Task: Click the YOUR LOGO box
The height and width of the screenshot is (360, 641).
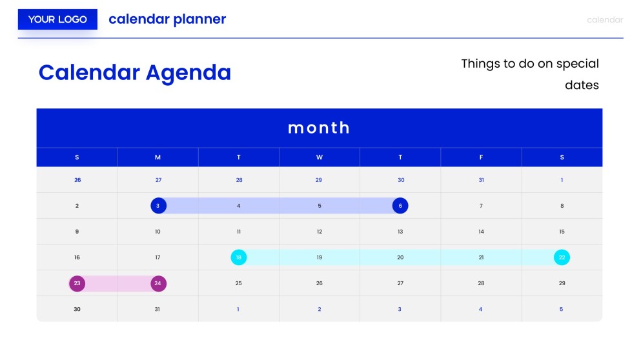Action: (57, 19)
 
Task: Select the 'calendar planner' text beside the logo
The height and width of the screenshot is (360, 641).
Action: (167, 19)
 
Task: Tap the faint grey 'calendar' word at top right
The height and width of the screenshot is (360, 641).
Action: (605, 20)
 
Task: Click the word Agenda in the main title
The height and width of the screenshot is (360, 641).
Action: (188, 72)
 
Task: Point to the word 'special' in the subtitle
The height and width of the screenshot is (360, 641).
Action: (577, 64)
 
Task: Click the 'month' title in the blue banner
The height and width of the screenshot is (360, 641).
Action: (319, 128)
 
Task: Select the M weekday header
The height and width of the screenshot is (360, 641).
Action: (158, 157)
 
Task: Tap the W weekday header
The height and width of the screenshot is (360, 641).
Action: (320, 157)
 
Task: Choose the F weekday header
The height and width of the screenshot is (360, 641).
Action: (481, 157)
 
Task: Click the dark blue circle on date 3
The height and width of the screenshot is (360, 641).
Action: (158, 206)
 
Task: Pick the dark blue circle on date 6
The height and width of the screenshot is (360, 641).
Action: (400, 206)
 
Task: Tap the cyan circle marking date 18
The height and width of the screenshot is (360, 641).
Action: (239, 257)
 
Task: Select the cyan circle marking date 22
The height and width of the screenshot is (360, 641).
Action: (562, 257)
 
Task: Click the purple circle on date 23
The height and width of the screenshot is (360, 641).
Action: (77, 283)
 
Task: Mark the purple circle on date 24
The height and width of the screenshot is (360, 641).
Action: (158, 283)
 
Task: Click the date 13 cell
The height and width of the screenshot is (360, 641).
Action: (400, 232)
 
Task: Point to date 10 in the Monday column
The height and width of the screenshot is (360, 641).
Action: (158, 232)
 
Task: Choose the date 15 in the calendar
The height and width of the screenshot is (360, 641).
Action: (562, 232)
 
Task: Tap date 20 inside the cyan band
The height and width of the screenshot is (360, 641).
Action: (400, 257)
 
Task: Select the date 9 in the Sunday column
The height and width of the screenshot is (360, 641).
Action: (77, 232)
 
